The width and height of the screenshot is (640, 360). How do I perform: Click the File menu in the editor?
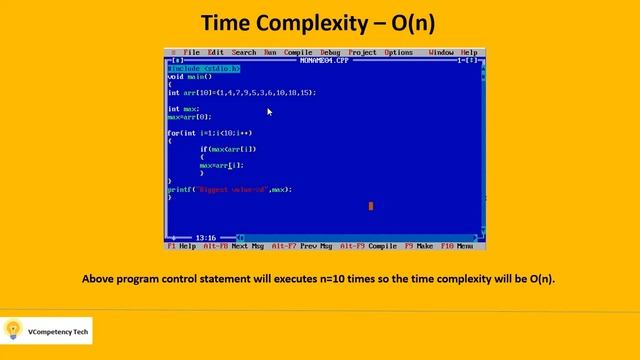coord(192,52)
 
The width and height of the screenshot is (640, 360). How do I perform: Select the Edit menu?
coord(217,52)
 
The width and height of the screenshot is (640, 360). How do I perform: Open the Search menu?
coord(244,52)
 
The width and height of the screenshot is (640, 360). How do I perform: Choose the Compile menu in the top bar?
coord(298,52)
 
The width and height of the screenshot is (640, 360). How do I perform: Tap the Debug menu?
coord(330,52)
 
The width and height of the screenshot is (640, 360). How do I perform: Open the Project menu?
coord(363,52)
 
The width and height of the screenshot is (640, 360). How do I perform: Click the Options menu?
coord(398,52)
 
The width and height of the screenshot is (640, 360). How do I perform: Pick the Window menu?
coord(441,52)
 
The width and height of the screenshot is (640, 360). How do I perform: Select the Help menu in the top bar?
coord(469,52)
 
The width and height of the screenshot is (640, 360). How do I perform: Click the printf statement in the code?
coord(230,189)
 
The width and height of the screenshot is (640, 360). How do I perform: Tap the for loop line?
coord(210,133)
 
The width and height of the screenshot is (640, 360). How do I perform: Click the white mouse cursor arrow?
coord(269,112)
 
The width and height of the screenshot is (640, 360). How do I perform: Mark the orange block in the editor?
coord(371,206)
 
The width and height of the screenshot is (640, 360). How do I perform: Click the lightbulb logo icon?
coord(14,329)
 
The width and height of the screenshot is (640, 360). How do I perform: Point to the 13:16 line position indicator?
coord(206,238)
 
